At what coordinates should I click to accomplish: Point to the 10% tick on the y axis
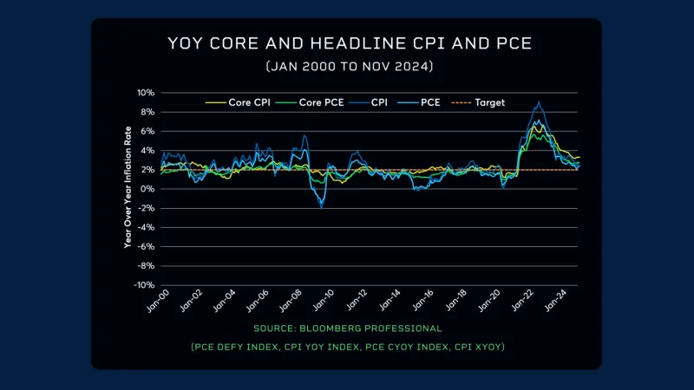tap(145, 93)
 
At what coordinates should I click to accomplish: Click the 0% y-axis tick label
tap(147, 189)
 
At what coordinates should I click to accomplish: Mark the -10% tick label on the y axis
tap(143, 285)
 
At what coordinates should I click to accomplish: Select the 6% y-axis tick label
tap(147, 131)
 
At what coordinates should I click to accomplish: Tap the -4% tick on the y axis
tap(145, 227)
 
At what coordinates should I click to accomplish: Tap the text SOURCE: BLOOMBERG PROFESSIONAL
tap(347, 328)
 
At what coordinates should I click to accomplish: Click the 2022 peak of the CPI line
tap(540, 102)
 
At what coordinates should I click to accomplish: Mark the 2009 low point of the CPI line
tap(321, 208)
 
